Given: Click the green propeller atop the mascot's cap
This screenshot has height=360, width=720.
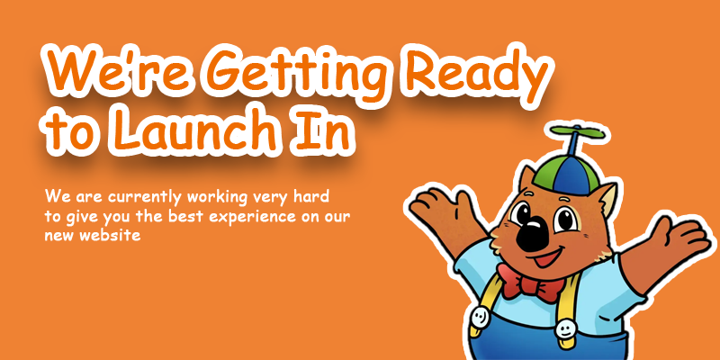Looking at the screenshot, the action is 578,133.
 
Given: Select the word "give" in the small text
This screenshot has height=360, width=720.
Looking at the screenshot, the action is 75,218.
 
